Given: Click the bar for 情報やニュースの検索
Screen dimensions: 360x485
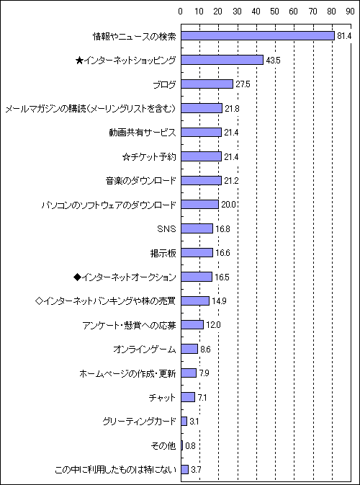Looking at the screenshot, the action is point(258,36).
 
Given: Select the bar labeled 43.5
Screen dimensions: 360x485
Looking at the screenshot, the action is point(222,60).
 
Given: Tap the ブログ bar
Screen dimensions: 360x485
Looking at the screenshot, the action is point(207,84).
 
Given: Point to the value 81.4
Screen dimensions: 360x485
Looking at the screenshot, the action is point(344,36).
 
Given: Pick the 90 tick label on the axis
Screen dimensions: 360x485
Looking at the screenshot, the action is point(350,12).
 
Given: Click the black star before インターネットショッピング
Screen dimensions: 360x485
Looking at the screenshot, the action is point(78,60).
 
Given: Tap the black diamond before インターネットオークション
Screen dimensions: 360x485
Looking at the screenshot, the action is point(77,277).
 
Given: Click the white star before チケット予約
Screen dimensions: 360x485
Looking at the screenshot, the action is point(126,156).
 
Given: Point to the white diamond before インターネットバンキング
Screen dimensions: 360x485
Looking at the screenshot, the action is point(40,301).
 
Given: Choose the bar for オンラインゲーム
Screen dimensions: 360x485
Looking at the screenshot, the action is point(189,349).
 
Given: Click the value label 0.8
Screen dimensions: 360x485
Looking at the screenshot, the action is point(190,446).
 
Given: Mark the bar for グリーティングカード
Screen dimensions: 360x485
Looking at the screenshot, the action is point(184,422).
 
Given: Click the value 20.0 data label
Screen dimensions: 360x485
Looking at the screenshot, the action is point(227,205).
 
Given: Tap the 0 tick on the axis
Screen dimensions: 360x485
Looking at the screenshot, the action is point(181,12).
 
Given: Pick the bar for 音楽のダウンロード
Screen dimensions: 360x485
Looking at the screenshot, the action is point(201,181).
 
